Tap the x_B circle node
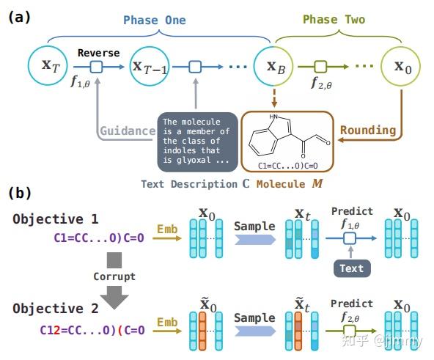[273, 67]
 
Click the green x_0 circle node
[401, 67]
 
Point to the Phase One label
[153, 20]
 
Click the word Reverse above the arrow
[98, 54]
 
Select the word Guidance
[128, 131]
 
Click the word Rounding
[368, 131]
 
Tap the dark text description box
[196, 141]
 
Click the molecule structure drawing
[285, 137]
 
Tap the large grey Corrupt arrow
[114, 278]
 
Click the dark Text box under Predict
[351, 268]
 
